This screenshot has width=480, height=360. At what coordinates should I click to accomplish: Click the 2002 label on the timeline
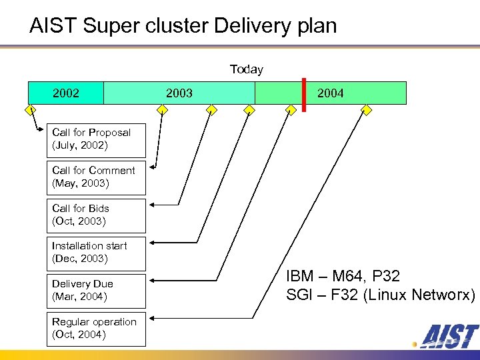65,93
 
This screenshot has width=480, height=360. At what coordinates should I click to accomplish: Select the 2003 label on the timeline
179,93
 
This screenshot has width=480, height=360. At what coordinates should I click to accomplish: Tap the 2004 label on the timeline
331,93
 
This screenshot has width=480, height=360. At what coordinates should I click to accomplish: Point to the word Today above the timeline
246,69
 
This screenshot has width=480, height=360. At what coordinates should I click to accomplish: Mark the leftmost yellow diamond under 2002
31,109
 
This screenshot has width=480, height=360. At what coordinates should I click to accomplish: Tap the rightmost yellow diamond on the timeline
366,109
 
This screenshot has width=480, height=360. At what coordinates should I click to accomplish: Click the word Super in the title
103,27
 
